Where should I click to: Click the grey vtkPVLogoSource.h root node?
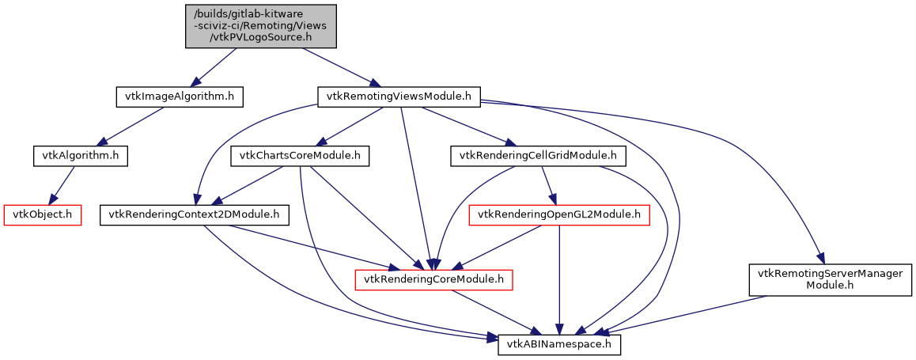click(261, 26)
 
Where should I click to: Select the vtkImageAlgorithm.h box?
click(179, 97)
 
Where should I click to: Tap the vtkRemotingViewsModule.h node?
click(399, 97)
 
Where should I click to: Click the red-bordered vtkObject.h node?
click(44, 214)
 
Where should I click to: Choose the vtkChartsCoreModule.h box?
click(300, 156)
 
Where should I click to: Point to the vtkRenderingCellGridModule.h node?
click(538, 156)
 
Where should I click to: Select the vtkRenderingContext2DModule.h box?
click(195, 214)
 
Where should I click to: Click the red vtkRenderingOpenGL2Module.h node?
click(560, 214)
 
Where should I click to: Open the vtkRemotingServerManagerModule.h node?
click(828, 279)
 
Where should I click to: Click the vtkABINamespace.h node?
click(560, 345)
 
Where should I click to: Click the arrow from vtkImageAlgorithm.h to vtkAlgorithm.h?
click(133, 127)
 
